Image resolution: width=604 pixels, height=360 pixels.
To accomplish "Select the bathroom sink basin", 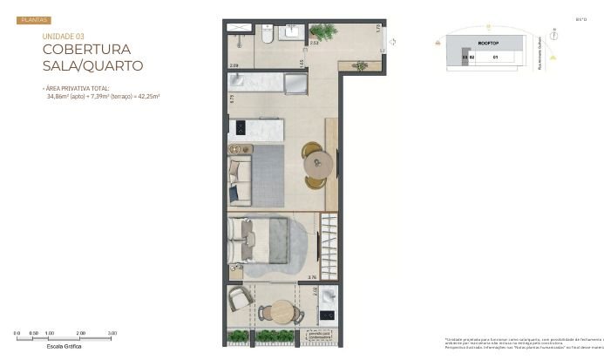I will (x=291, y=32).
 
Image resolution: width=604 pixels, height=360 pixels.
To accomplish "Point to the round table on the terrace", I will (x=282, y=310).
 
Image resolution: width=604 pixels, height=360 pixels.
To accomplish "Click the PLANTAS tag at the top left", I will (x=34, y=19).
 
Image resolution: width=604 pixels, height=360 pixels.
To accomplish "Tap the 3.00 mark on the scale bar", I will (x=112, y=334).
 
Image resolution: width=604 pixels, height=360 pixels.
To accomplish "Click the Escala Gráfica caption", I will (x=65, y=346).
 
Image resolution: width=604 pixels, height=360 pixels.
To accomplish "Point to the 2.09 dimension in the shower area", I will (x=234, y=65).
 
